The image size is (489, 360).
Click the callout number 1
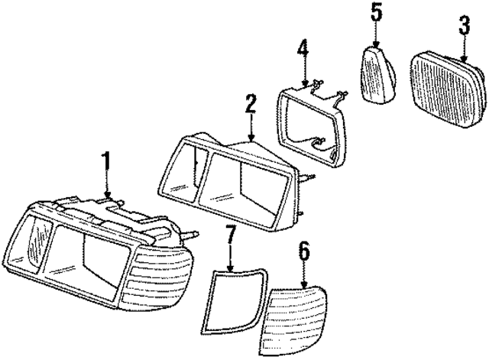click(x=107, y=162)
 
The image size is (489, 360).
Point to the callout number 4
click(x=303, y=54)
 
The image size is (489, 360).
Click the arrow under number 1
click(x=108, y=187)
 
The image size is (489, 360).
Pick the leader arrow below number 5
click(x=375, y=34)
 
